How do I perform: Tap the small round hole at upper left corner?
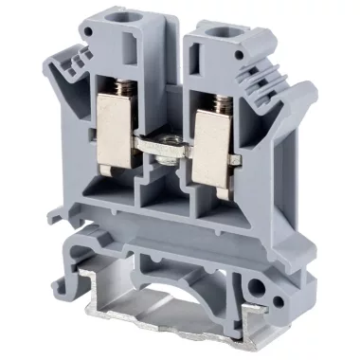coord(86,30)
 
